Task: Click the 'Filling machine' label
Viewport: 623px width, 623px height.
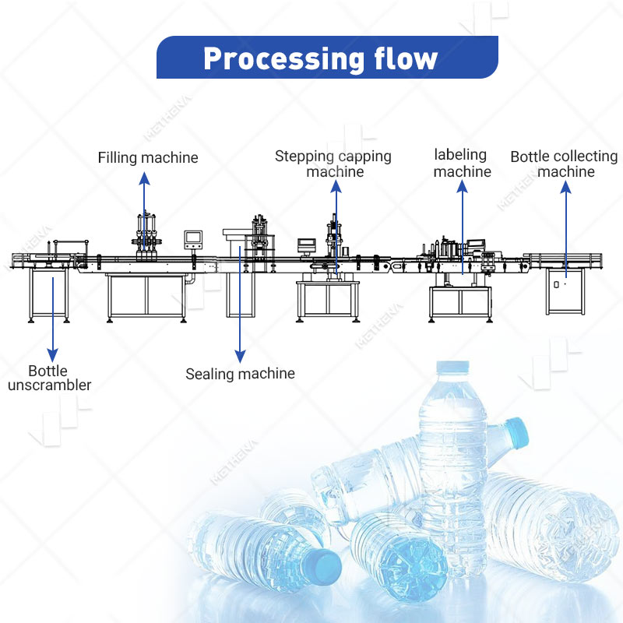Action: coord(148,157)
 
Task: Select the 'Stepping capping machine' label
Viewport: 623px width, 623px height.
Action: coord(333,164)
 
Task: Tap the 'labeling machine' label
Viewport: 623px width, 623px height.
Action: coord(462,163)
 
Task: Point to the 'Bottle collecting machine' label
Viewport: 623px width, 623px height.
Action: coord(565,164)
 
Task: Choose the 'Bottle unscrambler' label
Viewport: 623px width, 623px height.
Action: coord(50,378)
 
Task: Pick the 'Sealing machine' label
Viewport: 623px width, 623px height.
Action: coord(240,374)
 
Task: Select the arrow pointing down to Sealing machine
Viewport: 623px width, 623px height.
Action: coord(241,311)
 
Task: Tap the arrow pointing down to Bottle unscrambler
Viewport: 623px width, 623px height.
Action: coord(52,319)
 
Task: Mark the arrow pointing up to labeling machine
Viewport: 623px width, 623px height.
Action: coord(463,226)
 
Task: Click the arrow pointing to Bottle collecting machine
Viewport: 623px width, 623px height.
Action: coord(566,226)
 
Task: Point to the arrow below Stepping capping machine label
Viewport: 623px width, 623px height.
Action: coord(336,226)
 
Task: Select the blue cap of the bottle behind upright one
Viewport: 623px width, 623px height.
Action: coord(515,429)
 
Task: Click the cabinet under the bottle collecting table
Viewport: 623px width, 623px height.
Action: coord(566,288)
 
